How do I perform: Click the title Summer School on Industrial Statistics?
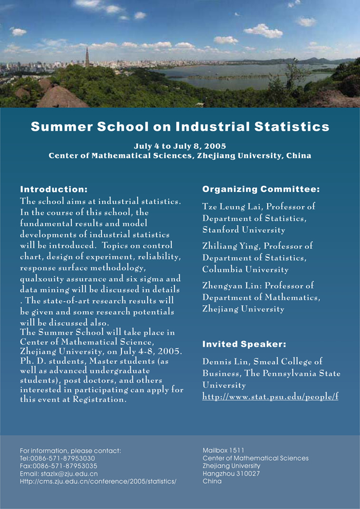(179, 126)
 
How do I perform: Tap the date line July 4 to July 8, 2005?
(179, 146)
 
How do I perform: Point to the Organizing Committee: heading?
(261, 189)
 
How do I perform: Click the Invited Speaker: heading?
(244, 343)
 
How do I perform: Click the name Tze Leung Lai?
(228, 207)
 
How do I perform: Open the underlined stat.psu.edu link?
(270, 397)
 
